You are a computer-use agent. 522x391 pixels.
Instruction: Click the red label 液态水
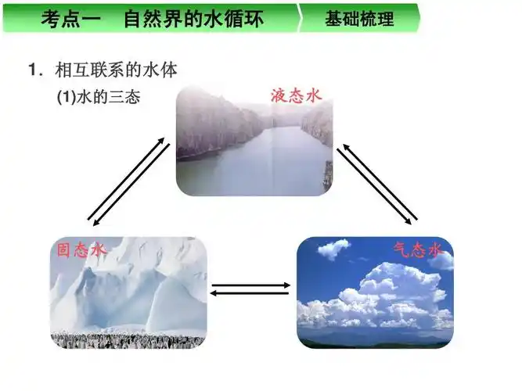[296, 96]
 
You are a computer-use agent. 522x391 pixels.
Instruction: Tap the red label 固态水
[79, 250]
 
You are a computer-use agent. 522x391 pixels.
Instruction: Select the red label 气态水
[418, 250]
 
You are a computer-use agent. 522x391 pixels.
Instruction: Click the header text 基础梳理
[359, 18]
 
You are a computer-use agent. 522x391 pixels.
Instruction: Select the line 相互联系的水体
[117, 70]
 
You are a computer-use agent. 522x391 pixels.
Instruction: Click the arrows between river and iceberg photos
[128, 180]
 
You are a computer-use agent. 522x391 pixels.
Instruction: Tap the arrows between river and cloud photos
[377, 181]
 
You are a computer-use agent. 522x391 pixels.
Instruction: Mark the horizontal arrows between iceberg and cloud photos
[250, 289]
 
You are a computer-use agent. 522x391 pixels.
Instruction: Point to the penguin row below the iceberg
[129, 339]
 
